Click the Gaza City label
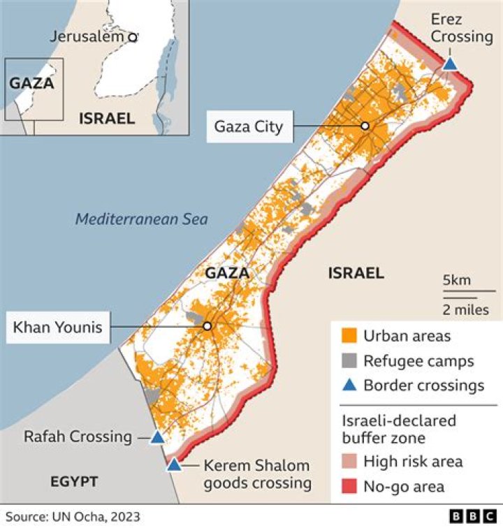tap(249, 126)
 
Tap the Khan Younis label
tap(58, 326)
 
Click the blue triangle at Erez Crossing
tap(451, 64)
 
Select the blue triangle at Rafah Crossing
tap(158, 438)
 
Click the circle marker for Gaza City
tap(364, 126)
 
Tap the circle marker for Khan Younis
tap(207, 326)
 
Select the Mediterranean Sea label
tap(142, 219)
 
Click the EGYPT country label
tap(74, 481)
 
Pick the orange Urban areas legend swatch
tap(347, 336)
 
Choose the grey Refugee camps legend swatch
tap(347, 361)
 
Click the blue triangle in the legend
tap(347, 385)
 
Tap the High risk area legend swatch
tap(347, 462)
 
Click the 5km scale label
tap(457, 280)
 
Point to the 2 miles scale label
tap(465, 309)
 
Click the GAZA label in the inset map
tap(31, 83)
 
